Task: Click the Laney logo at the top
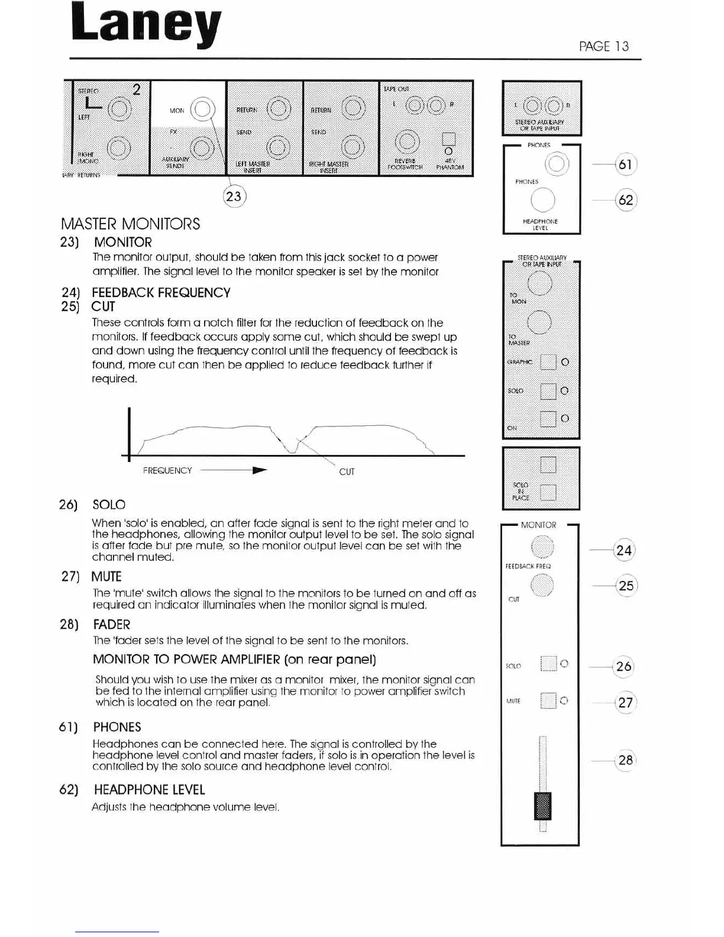(146, 27)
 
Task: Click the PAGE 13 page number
(604, 46)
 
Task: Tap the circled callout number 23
(234, 196)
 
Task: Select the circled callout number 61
(625, 164)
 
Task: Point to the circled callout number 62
(625, 200)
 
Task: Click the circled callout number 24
(624, 551)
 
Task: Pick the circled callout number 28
(625, 760)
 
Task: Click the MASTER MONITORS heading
(130, 224)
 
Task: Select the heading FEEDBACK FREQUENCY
(161, 292)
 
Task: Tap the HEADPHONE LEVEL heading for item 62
(149, 790)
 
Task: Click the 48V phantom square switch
(449, 140)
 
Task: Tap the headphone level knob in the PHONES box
(543, 200)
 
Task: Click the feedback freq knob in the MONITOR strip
(542, 546)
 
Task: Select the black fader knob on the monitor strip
(542, 806)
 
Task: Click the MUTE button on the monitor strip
(548, 701)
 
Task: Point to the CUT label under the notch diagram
(347, 472)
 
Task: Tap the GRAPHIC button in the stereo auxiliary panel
(548, 362)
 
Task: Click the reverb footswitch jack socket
(406, 141)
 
